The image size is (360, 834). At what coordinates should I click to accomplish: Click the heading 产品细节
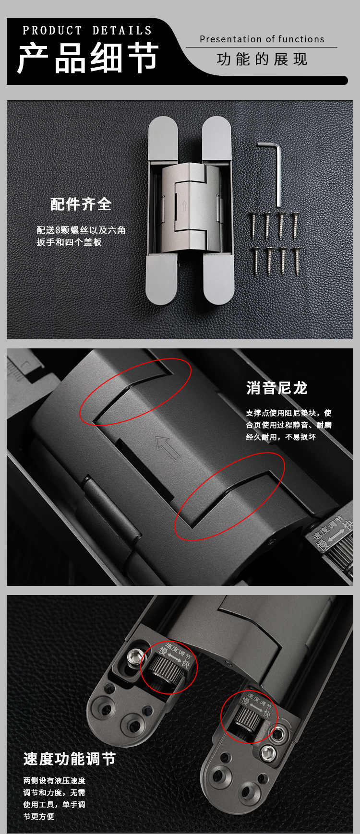pos(88,57)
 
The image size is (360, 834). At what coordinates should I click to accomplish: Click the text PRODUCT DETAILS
pos(87,31)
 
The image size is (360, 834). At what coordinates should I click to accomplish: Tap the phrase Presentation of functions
pos(262,39)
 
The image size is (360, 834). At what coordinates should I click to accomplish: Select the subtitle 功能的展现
pos(262,60)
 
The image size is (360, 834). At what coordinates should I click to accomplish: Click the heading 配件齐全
pos(81,204)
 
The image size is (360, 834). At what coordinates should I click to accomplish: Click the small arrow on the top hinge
pos(184,205)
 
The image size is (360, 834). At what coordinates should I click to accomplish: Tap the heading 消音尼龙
pos(276,388)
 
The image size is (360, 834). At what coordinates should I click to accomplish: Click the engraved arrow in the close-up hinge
pos(168,448)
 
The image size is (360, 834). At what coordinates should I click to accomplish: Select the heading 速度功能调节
pos(70,759)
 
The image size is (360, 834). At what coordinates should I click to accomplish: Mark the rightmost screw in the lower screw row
pos(297,260)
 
